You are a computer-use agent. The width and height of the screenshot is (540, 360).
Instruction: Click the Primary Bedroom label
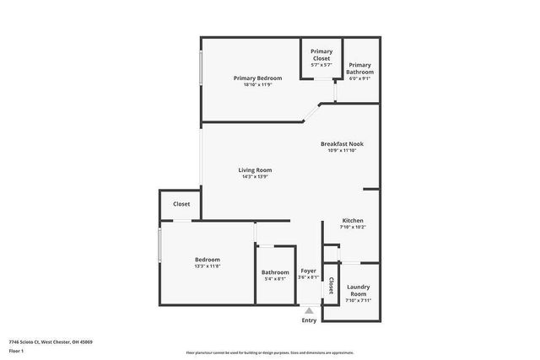(x=257, y=78)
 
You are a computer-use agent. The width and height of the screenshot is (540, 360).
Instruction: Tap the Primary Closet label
(x=321, y=55)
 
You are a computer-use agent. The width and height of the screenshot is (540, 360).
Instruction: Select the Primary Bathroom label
(x=360, y=68)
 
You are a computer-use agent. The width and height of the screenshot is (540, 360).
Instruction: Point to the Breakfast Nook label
(x=342, y=144)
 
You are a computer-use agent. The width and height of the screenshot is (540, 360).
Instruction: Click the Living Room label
(x=255, y=170)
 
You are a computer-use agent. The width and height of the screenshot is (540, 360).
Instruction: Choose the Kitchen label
(x=353, y=221)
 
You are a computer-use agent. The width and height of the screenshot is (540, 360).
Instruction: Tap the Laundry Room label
(x=359, y=291)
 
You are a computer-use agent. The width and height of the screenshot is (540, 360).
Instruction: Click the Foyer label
(x=309, y=271)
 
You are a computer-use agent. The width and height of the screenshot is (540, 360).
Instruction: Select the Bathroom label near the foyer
(x=275, y=272)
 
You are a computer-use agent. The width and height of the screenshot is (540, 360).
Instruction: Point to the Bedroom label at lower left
(x=208, y=260)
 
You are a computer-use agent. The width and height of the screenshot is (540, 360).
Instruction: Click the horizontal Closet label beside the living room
(x=181, y=204)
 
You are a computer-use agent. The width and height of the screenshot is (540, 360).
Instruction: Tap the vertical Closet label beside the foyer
(x=331, y=283)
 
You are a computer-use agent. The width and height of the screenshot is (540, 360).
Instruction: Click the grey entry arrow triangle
(x=309, y=311)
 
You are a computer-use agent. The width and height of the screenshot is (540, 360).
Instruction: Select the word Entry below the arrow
(x=309, y=320)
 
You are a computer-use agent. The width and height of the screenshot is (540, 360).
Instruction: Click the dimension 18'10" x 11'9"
(x=257, y=84)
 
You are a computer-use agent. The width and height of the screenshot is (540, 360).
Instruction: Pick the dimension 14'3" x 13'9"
(x=255, y=176)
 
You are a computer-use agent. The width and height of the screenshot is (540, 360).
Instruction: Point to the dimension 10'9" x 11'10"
(x=342, y=151)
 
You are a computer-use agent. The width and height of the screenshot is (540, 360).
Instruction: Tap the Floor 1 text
(x=16, y=350)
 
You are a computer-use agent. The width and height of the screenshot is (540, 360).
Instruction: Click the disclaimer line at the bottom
(x=270, y=352)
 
